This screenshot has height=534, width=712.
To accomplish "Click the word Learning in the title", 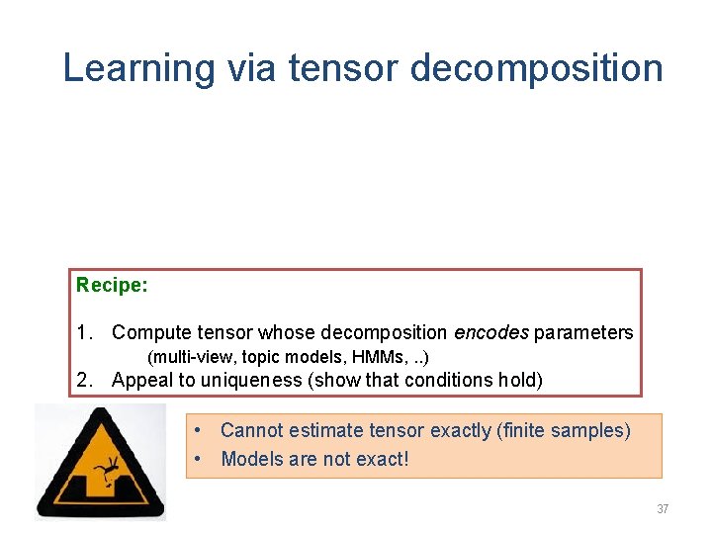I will [136, 69].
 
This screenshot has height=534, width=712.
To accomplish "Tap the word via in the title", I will [252, 68].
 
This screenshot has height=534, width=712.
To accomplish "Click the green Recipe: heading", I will [112, 286].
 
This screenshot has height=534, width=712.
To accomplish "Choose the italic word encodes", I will [491, 333].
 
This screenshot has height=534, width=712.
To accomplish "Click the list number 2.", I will [84, 380].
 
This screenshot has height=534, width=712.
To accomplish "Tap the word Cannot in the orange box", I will [251, 430].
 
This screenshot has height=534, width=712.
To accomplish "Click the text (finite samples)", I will [565, 430].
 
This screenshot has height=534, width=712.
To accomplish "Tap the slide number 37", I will [662, 509].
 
